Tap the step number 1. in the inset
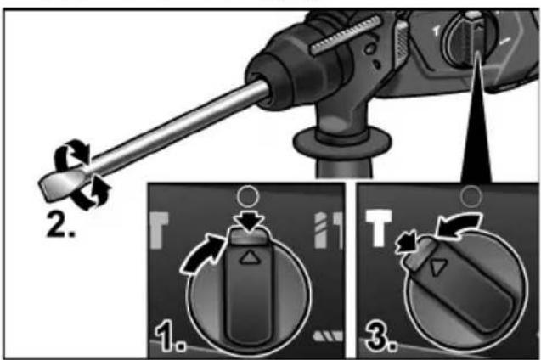170,335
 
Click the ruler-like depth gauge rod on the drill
346,35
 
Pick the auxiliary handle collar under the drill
342,142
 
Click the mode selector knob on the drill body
470,38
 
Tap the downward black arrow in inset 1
248,222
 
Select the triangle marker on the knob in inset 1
249,258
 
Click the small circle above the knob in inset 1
248,196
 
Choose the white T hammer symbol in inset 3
379,228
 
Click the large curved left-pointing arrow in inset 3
457,224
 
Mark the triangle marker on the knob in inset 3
437,267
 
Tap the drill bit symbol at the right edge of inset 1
320,230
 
